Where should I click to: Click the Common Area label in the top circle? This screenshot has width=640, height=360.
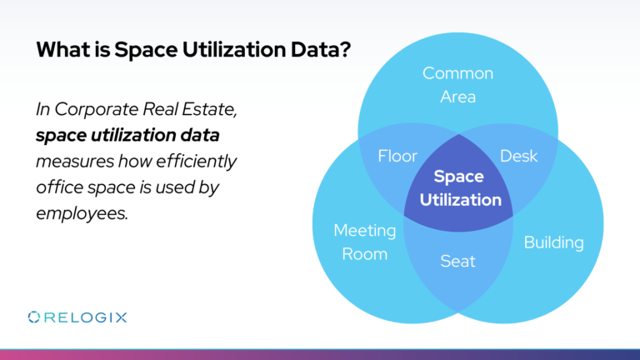click(457, 85)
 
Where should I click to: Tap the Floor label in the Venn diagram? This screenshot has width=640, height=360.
click(397, 156)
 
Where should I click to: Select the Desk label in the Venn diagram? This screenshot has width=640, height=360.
click(518, 156)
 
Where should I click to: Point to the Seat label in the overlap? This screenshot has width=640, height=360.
click(457, 261)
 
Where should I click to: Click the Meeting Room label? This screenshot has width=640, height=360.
click(364, 241)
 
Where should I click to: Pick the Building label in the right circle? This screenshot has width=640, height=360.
click(553, 242)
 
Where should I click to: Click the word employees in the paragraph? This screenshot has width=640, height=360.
click(82, 212)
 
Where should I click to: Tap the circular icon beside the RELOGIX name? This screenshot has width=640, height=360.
click(34, 317)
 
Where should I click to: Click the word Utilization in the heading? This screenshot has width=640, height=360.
click(219, 51)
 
